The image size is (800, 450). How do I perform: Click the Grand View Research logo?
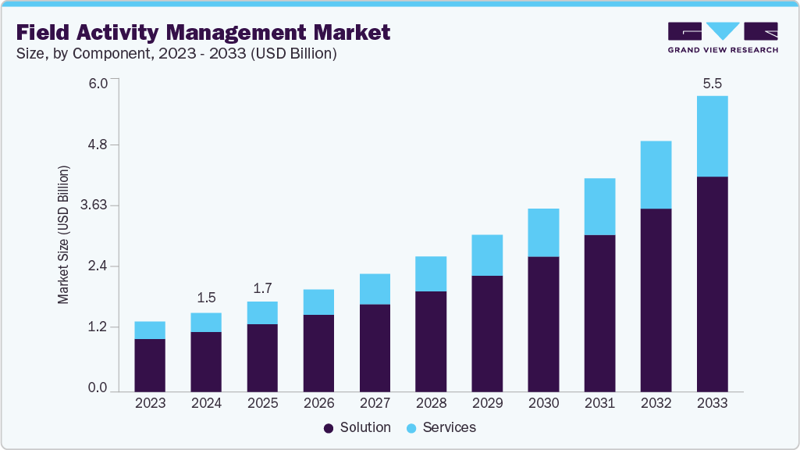(723, 37)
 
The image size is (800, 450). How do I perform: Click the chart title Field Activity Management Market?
(203, 33)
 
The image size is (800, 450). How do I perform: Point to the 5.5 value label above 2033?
(712, 83)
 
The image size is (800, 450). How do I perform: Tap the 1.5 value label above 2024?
(206, 298)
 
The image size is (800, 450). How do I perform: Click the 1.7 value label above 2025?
(262, 287)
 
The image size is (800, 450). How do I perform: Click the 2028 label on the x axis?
(431, 403)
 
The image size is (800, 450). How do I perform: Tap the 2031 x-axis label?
(599, 403)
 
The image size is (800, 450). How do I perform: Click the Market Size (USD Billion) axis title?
(63, 234)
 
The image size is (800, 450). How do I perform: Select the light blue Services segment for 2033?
(712, 136)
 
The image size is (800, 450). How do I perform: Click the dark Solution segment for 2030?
(543, 323)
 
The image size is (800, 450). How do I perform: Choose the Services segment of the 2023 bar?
(150, 330)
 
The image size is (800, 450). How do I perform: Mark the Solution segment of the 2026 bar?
(318, 352)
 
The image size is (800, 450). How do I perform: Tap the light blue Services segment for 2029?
(487, 255)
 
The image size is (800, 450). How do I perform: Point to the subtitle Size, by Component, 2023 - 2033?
(176, 54)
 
